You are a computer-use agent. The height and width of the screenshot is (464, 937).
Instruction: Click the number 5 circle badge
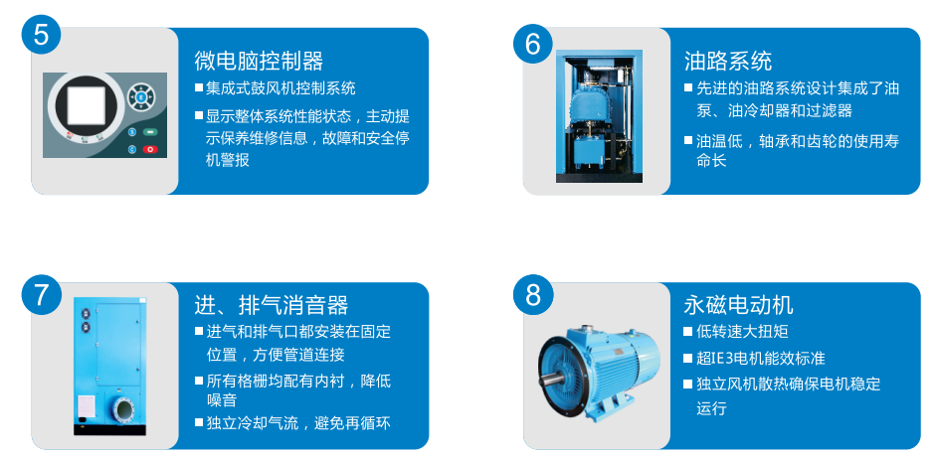(x=41, y=34)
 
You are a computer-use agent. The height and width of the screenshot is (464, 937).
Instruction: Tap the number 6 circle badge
(x=533, y=43)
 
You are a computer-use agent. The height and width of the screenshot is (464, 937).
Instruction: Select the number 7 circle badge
(x=41, y=294)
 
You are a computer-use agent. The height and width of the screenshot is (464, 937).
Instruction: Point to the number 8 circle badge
(x=533, y=294)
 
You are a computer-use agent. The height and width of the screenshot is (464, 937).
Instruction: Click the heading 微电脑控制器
(x=259, y=61)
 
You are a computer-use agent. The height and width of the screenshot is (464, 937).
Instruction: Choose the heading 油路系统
(x=728, y=61)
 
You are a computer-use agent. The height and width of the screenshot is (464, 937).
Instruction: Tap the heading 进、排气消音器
(x=272, y=305)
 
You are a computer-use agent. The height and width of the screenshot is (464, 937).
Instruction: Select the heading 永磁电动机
(x=739, y=305)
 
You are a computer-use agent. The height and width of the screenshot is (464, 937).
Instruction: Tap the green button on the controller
(x=149, y=132)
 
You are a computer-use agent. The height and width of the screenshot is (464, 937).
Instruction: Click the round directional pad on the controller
(x=141, y=96)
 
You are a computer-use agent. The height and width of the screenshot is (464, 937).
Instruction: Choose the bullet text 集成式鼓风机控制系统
(x=281, y=88)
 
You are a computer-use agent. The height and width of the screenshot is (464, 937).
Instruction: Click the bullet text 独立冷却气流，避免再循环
(x=298, y=423)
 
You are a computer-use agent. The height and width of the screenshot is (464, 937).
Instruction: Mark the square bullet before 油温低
(x=688, y=141)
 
